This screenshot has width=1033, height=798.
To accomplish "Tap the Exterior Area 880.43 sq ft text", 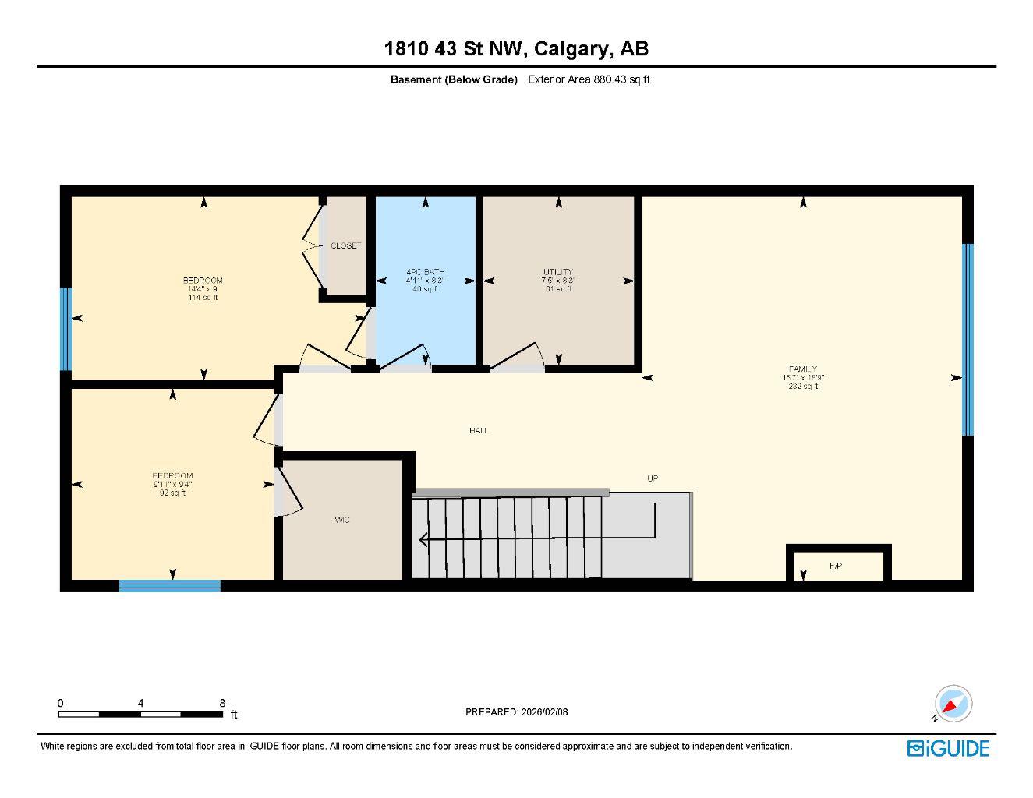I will pyautogui.click(x=589, y=79).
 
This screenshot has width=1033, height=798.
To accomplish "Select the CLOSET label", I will pyautogui.click(x=345, y=245).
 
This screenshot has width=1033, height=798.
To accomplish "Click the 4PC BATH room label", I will pyautogui.click(x=425, y=272).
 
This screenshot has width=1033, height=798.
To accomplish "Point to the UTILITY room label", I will pyautogui.click(x=558, y=272).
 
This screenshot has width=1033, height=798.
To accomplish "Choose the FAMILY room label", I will pyautogui.click(x=803, y=369).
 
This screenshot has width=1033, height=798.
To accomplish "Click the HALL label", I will pyautogui.click(x=479, y=430).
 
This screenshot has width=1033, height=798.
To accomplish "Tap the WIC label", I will pyautogui.click(x=342, y=520).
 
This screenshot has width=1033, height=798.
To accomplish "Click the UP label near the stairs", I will pyautogui.click(x=653, y=478).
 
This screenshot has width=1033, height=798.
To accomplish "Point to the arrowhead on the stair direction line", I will pyautogui.click(x=423, y=539).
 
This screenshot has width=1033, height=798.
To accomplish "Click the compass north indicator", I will pyautogui.click(x=953, y=704).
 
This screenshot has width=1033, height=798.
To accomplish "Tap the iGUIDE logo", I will pyautogui.click(x=948, y=748).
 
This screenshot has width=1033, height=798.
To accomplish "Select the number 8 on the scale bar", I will pyautogui.click(x=222, y=703).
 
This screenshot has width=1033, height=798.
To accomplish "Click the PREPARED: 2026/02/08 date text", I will pyautogui.click(x=516, y=711).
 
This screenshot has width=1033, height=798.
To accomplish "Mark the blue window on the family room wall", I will pyautogui.click(x=968, y=340).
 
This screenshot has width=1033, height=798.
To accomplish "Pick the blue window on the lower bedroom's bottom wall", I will pyautogui.click(x=169, y=586).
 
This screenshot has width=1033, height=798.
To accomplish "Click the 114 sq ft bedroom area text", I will pyautogui.click(x=203, y=297).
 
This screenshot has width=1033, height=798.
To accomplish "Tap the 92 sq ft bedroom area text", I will pyautogui.click(x=172, y=493).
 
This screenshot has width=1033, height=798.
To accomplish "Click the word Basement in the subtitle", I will pyautogui.click(x=416, y=79).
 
